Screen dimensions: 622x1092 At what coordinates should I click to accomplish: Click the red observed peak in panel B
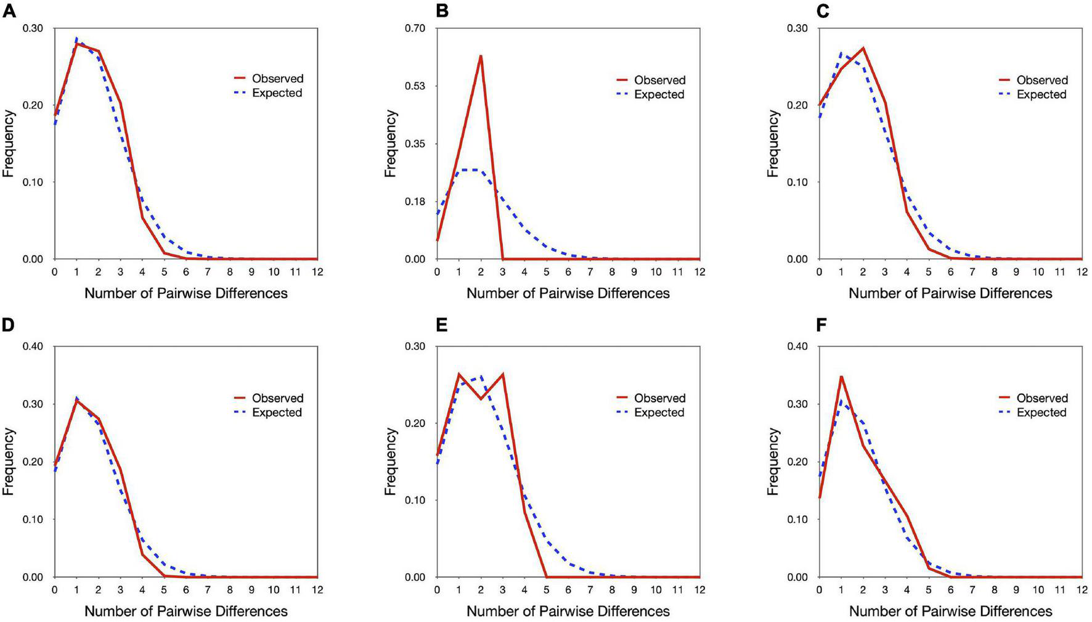(x=480, y=57)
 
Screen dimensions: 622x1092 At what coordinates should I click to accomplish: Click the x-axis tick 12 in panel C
(x=1082, y=272)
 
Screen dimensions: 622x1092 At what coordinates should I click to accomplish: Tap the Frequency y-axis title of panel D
(x=9, y=462)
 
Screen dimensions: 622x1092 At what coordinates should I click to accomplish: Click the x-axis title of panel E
(x=568, y=611)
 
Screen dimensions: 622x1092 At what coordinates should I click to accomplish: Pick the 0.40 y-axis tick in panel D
(x=33, y=346)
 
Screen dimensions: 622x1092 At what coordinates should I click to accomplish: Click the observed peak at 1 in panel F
(x=841, y=377)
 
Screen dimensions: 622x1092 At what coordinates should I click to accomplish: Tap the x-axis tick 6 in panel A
(x=186, y=272)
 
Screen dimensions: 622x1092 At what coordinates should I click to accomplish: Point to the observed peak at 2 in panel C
(x=863, y=48)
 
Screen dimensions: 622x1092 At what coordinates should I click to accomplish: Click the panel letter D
(x=9, y=325)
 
